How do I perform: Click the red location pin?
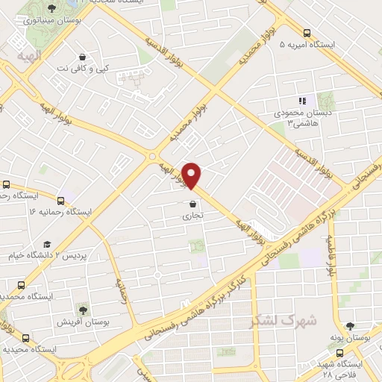click(x=192, y=175)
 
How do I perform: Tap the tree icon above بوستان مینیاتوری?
click(x=51, y=8)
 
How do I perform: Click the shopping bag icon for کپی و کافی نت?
click(x=82, y=57)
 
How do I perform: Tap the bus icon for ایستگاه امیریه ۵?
click(x=307, y=32)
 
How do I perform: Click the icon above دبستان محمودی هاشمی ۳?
click(x=301, y=101)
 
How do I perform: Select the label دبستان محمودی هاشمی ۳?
click(x=301, y=117)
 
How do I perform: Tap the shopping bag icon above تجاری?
click(x=193, y=203)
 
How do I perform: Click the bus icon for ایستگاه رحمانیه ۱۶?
click(x=61, y=199)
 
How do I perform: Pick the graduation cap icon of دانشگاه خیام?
click(x=47, y=244)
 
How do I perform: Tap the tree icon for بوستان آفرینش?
click(x=81, y=309)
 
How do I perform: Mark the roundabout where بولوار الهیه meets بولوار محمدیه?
click(x=152, y=157)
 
